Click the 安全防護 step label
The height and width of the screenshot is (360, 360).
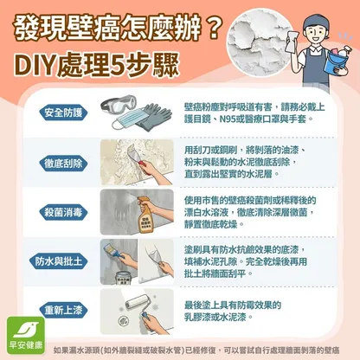pos(63,112)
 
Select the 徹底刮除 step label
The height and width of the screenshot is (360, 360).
pos(63,164)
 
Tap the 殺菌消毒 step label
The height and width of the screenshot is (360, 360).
pos(63,213)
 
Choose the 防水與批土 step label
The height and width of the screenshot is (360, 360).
pos(59,261)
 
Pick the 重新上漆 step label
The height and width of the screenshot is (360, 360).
pos(63,311)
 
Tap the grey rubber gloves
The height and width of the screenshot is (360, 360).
pos(153,118)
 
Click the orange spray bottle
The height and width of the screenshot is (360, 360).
pos(145,215)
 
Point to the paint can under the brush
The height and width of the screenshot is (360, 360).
pos(124,278)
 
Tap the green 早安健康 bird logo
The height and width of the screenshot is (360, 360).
pos(26,335)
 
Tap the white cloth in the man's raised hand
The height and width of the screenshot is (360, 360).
pos(293,41)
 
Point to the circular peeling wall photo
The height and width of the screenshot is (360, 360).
pos(258,42)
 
